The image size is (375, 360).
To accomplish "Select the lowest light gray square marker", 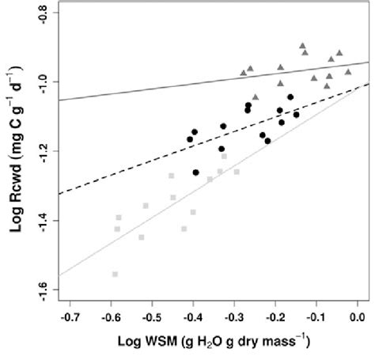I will (116, 274).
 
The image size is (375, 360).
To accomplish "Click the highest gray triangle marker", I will (302, 46).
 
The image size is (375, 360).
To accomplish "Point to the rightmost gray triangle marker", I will (347, 71).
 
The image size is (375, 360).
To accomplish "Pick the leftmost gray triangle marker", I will (244, 73).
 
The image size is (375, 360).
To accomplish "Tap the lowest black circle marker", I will (196, 172).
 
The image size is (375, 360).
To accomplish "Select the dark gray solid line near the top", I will (158, 88).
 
